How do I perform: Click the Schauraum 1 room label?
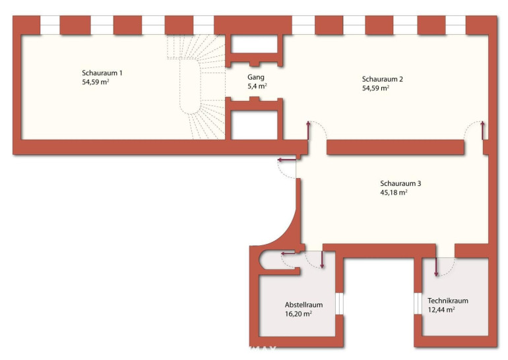[102, 73]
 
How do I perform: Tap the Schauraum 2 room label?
[382, 79]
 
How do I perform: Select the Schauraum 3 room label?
[400, 183]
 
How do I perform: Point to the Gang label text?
[255, 77]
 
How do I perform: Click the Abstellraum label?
[303, 305]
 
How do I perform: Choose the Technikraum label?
[448, 301]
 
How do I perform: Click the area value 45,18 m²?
[394, 193]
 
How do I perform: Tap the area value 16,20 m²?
[298, 313]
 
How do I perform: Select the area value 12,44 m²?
[441, 309]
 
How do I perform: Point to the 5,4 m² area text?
[257, 86]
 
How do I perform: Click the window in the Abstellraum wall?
[339, 303]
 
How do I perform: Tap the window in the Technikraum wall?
[418, 303]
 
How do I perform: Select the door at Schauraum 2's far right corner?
[474, 131]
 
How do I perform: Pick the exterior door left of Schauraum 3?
[288, 168]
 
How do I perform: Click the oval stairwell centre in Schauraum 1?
[190, 87]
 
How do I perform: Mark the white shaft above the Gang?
[254, 44]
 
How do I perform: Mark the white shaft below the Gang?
[254, 125]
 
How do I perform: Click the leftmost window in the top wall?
[50, 25]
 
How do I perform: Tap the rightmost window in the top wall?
[455, 25]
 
